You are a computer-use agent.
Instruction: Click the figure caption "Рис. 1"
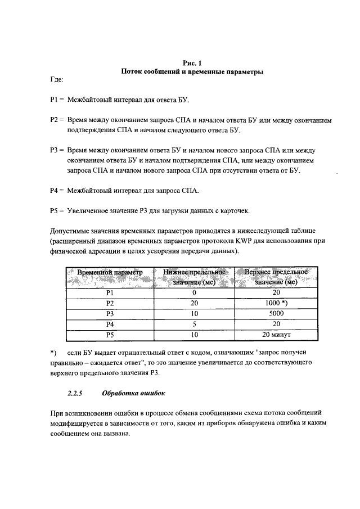(192, 64)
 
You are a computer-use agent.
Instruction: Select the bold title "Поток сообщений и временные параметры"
(192, 73)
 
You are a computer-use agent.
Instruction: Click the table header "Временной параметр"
(110, 272)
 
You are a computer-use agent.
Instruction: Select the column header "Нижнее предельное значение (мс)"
(194, 277)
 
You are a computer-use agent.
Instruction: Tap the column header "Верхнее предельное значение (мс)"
(276, 277)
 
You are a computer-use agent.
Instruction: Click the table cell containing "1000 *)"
(276, 304)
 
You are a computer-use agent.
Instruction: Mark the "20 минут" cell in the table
(276, 336)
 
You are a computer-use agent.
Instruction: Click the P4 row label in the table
(110, 325)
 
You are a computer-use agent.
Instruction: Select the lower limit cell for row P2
(194, 304)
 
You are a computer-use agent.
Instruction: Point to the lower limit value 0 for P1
(194, 293)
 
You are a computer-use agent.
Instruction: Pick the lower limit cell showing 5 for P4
(194, 325)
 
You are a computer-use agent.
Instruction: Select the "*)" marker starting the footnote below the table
(53, 353)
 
